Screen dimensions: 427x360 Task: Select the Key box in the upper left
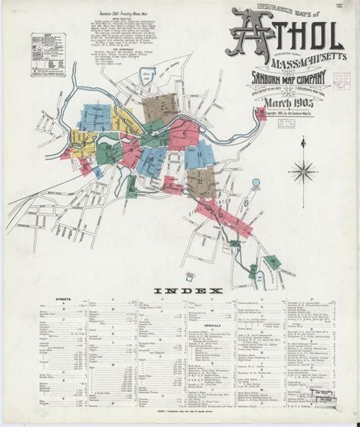(45, 55)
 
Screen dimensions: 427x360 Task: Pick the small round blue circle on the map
(255, 182)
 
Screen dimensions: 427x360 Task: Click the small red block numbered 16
(273, 259)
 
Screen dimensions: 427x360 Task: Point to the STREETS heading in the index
(64, 299)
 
